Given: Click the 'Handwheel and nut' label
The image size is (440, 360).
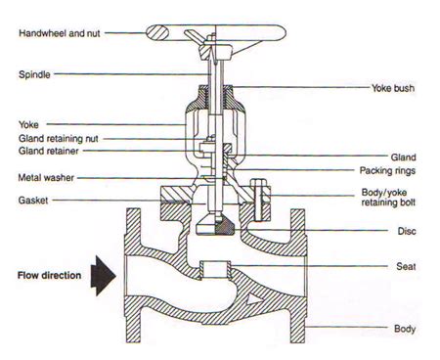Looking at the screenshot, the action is tap(60, 33).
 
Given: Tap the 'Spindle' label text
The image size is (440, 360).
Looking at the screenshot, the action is tap(34, 74).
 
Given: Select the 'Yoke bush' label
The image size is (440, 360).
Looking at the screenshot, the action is tap(393, 88).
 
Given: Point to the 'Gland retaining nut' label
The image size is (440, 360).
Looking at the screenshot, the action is tap(59, 139).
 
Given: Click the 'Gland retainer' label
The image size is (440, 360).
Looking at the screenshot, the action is tap(49, 151).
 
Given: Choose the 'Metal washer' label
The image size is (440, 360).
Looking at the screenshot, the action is tap(46, 178).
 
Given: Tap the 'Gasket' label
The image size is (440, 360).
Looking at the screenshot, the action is tap(33, 201).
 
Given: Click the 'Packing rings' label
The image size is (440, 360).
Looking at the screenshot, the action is tap(387, 170).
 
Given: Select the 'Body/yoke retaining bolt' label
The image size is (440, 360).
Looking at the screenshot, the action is tap(388, 198).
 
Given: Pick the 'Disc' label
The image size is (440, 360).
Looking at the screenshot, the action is tap(407, 231).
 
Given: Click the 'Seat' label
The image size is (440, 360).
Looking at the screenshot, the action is tap(406, 266).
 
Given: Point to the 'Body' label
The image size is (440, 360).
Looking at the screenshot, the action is tap(405, 329).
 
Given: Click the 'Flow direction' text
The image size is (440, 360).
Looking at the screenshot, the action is tap(50, 275).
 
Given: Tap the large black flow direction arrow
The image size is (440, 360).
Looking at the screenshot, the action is tap(104, 276).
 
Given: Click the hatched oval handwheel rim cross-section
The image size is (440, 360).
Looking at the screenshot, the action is tap(156, 33).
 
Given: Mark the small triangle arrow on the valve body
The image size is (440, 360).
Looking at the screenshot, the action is tap(254, 298).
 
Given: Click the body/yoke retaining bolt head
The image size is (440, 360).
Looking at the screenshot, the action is tap(256, 182).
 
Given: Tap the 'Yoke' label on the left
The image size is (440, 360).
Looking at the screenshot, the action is tap(28, 124).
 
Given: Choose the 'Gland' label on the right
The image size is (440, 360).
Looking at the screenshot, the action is tap(404, 157).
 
